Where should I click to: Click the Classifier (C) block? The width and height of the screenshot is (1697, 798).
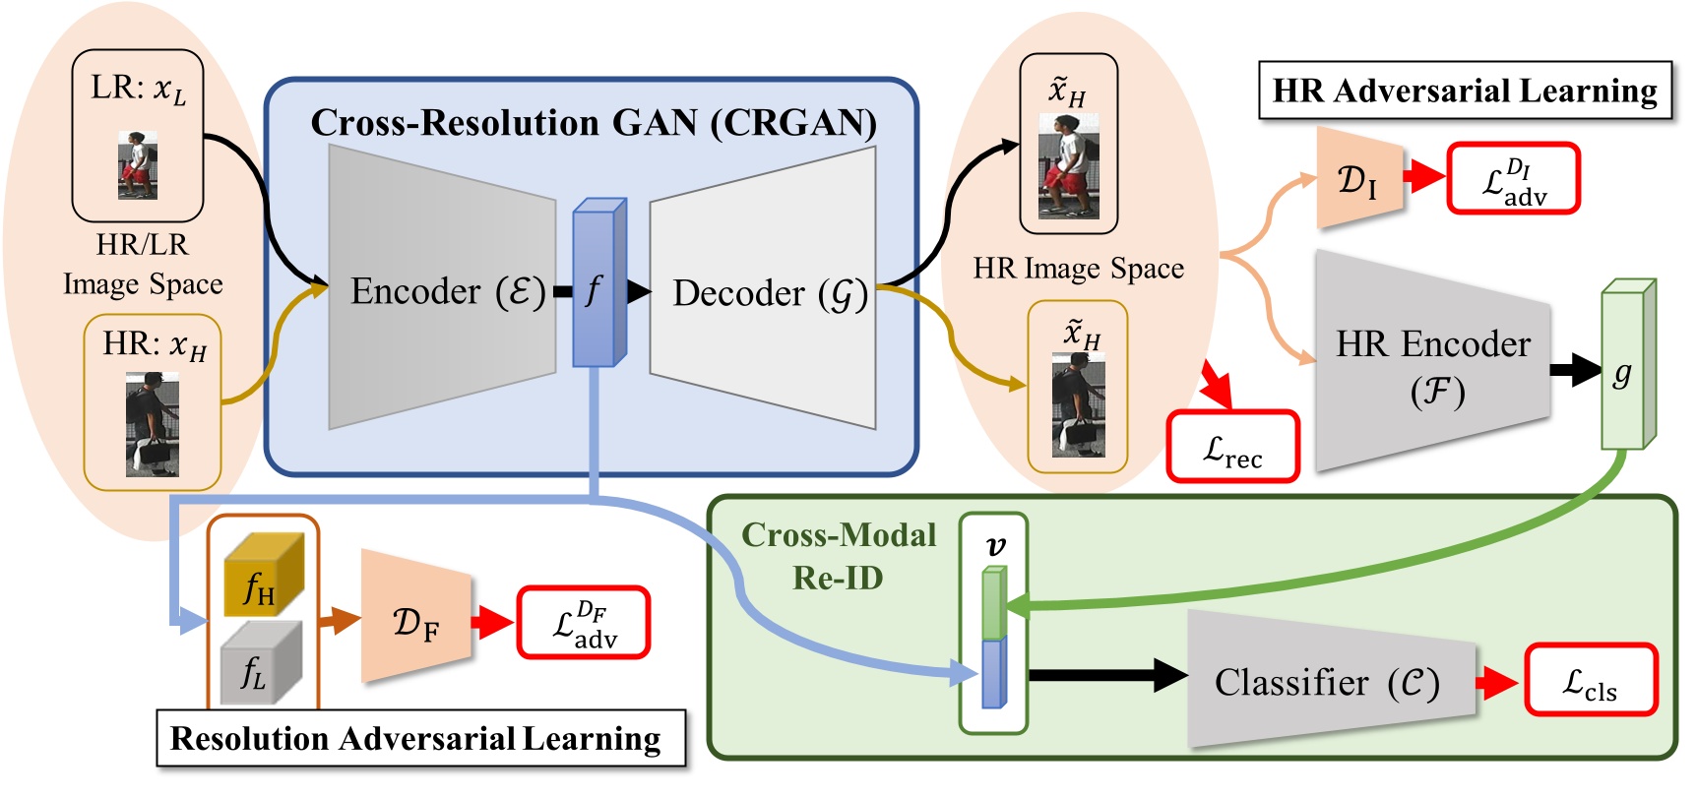pos(1329,681)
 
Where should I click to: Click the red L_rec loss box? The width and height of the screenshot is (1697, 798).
pos(1232,448)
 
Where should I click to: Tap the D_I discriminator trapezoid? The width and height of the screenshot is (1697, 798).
pos(1359,178)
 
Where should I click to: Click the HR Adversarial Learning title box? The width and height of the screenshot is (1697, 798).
pos(1465,91)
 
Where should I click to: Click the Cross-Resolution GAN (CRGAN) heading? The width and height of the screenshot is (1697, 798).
pos(594,123)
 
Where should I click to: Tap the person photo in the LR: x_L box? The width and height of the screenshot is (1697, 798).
pos(139,165)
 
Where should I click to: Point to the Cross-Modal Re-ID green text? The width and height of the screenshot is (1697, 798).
pos(838,556)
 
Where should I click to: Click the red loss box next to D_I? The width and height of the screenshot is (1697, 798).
pos(1513,179)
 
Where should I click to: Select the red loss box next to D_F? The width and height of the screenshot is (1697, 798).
pos(584,623)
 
